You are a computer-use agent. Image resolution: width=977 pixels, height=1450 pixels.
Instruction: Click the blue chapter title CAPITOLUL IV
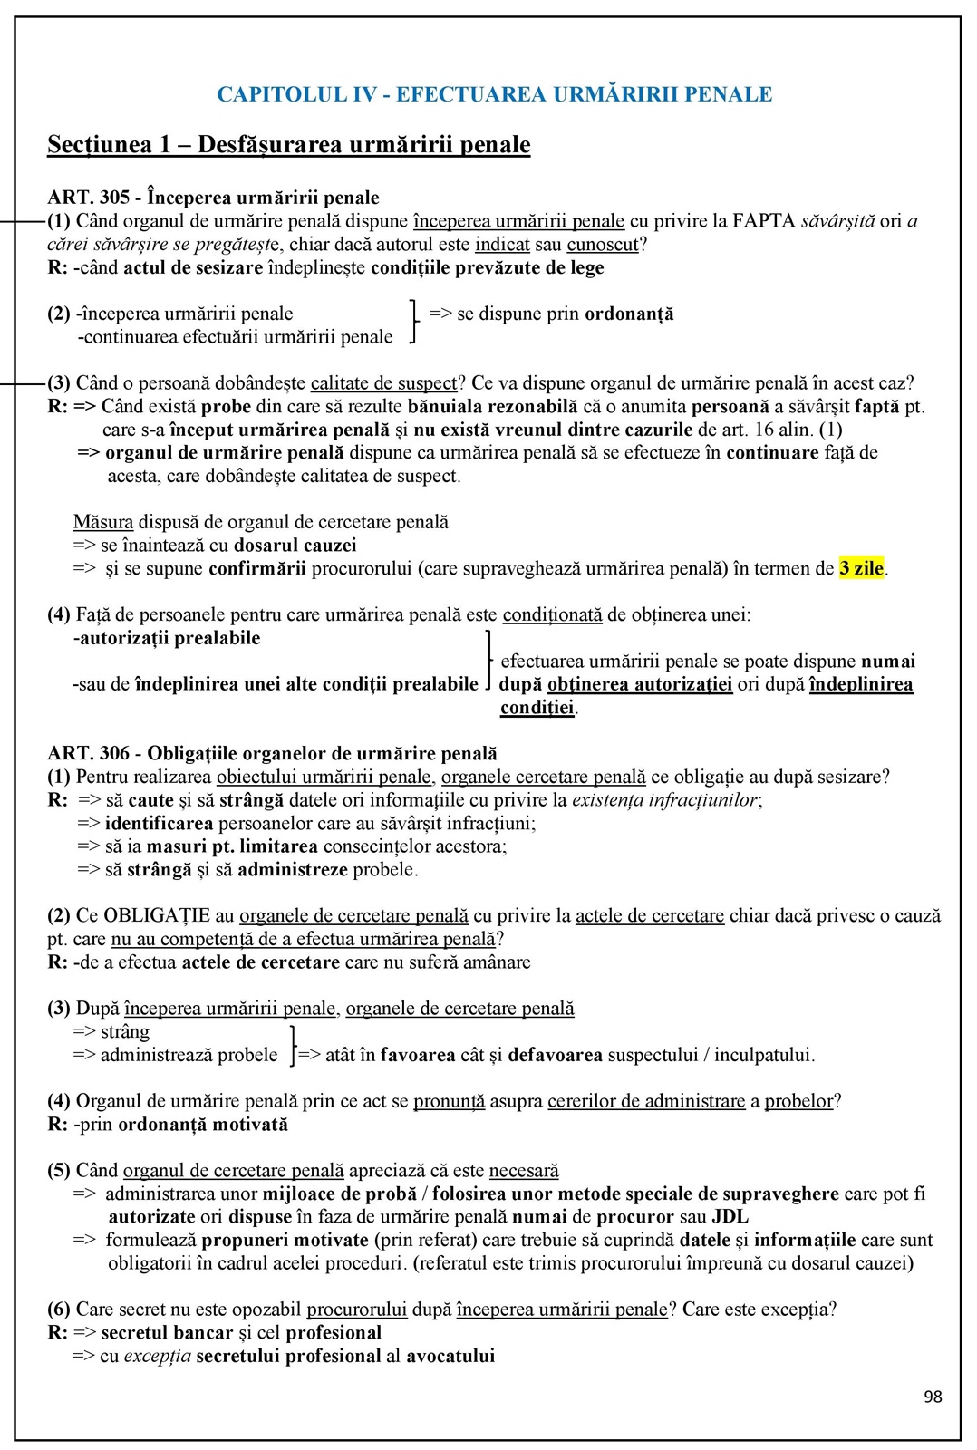[494, 94]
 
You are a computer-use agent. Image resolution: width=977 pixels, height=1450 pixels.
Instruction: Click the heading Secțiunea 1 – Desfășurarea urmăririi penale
[288, 145]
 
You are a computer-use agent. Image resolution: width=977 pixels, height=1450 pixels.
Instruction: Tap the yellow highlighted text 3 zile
[861, 569]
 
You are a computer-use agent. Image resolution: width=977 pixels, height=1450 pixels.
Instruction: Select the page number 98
[933, 1397]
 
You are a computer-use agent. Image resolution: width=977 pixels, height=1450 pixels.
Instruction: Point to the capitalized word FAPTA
[764, 221]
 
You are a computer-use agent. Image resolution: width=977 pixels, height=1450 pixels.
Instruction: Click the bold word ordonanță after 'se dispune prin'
[629, 314]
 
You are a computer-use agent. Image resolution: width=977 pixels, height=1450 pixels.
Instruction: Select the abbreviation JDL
[730, 1217]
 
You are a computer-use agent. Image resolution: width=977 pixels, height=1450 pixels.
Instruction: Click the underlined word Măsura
[103, 522]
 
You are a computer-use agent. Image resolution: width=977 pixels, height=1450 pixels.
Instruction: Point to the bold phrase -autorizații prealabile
[167, 638]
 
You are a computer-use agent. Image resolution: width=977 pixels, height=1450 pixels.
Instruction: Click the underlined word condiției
[537, 708]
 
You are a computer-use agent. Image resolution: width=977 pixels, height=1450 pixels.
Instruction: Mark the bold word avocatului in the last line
[450, 1357]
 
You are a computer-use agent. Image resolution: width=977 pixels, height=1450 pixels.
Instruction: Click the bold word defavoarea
[556, 1055]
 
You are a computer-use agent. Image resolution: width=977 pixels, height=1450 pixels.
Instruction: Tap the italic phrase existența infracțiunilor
[666, 800]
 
